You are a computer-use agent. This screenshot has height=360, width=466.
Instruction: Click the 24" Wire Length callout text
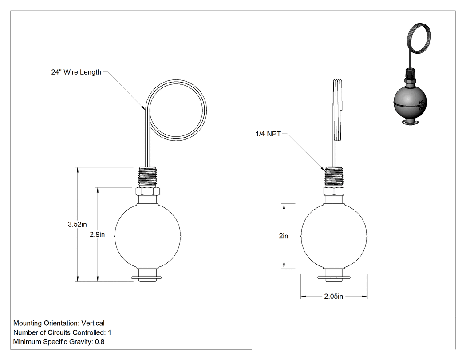[x=76, y=72]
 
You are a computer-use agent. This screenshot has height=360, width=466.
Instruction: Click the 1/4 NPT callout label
[x=268, y=134]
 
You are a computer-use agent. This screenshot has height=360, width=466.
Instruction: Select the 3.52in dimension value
[x=77, y=225]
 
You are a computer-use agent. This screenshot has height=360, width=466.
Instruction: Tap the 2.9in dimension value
[x=97, y=234]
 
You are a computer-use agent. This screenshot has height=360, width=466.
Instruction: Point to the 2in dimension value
[x=284, y=236]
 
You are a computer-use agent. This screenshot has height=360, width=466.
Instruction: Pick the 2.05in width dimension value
[x=333, y=297]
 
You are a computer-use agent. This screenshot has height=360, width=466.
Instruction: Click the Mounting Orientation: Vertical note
[x=59, y=323]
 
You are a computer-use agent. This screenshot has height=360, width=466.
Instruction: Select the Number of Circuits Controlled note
[x=62, y=332]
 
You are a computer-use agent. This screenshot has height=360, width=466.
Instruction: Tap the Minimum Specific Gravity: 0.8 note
[x=59, y=341]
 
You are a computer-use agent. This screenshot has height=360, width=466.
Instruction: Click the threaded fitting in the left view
[x=148, y=177]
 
